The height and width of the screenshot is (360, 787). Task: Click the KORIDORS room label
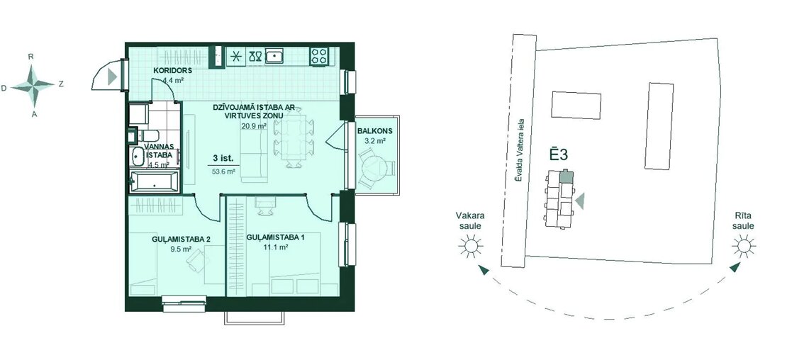pyautogui.click(x=173, y=71)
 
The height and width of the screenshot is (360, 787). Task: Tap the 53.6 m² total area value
pyautogui.click(x=224, y=171)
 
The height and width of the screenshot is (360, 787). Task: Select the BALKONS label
pyautogui.click(x=375, y=131)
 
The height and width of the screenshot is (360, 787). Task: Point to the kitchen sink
pyautogui.click(x=274, y=55)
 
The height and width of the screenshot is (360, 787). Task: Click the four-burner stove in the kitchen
pyautogui.click(x=319, y=55)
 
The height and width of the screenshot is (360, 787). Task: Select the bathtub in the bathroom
pyautogui.click(x=154, y=181)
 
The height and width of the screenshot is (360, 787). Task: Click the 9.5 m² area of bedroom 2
pyautogui.click(x=181, y=249)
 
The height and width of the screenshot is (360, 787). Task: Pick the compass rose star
pyautogui.click(x=33, y=86)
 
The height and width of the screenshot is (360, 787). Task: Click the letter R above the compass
pyautogui.click(x=31, y=57)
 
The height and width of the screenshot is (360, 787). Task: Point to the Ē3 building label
pyautogui.click(x=557, y=154)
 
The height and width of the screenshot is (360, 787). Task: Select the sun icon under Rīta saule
pyautogui.click(x=743, y=246)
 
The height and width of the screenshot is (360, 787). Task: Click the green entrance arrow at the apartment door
pyautogui.click(x=113, y=77)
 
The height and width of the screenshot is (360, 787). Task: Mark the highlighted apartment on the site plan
pyautogui.click(x=566, y=176)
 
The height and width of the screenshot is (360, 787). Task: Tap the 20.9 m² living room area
pyautogui.click(x=253, y=126)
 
